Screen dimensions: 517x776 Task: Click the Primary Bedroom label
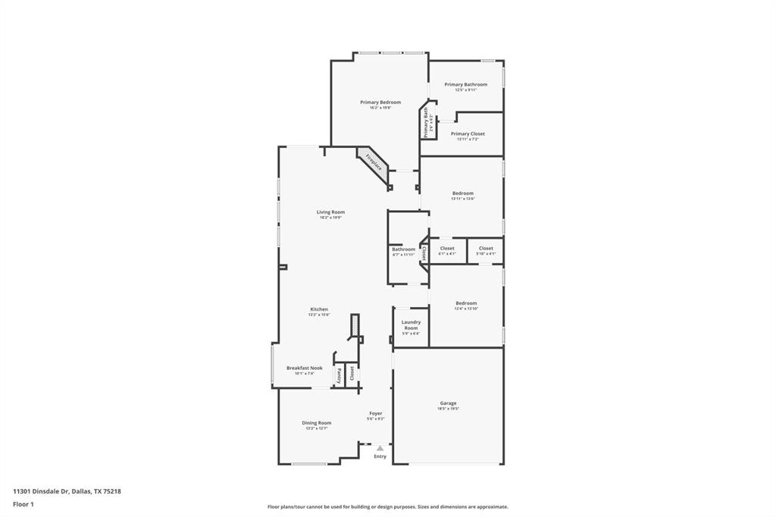tap(380, 102)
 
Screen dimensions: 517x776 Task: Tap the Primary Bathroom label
tap(465, 85)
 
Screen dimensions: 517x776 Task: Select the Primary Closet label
tap(468, 134)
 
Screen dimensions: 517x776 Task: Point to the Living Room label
tap(330, 212)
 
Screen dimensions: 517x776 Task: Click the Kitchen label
tap(319, 309)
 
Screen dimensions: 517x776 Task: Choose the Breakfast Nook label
tap(304, 368)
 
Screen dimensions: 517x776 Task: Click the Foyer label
tap(376, 414)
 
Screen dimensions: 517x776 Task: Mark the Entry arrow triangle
tap(380, 448)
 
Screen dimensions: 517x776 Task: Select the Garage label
tap(448, 403)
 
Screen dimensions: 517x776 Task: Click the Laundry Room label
tap(411, 325)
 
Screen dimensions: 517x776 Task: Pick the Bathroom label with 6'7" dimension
tap(403, 249)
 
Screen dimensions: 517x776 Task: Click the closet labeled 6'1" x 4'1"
tap(447, 249)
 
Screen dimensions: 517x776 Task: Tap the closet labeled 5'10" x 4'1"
tap(486, 249)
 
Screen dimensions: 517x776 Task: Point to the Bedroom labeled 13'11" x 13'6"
tap(462, 193)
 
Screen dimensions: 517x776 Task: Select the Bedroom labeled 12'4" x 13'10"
tap(466, 304)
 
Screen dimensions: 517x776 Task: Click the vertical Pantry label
tap(339, 374)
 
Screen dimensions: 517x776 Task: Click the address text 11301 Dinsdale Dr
tap(42, 491)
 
